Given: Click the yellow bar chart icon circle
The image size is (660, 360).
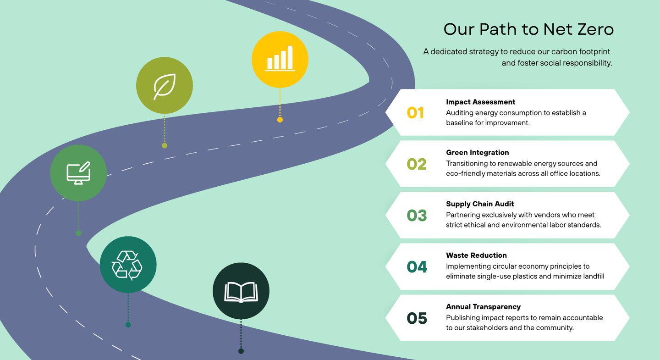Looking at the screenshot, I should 280,59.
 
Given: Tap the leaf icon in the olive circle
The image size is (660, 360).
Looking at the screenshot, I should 165,86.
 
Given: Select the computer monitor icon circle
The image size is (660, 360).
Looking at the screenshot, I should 78,173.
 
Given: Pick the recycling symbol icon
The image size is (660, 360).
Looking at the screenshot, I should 128,265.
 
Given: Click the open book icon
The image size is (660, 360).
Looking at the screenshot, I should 241,291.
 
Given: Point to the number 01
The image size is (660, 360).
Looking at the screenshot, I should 415,113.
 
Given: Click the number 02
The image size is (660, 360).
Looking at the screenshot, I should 417,164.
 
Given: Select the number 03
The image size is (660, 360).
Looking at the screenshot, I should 417,216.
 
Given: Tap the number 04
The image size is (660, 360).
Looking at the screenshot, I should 417,267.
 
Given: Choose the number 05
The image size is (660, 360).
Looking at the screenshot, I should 417,318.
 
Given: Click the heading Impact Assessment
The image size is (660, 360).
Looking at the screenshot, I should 480,102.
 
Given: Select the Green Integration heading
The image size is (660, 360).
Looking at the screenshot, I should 477,153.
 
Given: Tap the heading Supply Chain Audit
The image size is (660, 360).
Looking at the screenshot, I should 480,204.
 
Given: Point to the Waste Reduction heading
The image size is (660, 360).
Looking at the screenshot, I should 476,255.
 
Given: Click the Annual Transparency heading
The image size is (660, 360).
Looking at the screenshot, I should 483,307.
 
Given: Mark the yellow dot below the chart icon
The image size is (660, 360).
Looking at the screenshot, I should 280,120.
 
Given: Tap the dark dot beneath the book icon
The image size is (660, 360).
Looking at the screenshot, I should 241,351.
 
